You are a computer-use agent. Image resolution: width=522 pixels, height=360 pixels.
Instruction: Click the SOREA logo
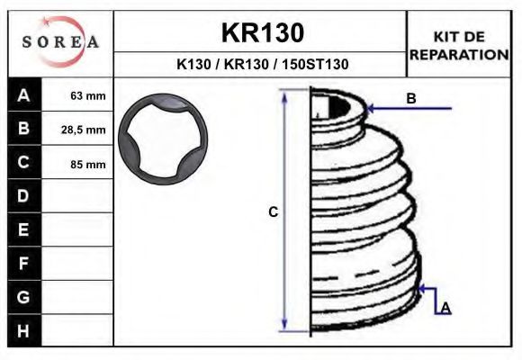pyautogui.click(x=59, y=43)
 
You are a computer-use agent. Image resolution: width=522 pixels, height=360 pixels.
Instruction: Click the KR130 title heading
pyautogui.click(x=262, y=32)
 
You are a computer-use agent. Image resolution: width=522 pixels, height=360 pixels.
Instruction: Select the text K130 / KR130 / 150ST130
pyautogui.click(x=262, y=65)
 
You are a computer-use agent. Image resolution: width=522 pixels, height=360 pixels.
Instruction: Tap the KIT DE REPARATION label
pyautogui.click(x=459, y=44)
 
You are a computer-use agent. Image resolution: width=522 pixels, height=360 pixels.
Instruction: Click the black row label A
pyautogui.click(x=23, y=95)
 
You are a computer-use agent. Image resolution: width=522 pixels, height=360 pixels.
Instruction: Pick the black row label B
pyautogui.click(x=23, y=129)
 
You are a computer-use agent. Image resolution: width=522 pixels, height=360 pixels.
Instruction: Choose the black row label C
pyautogui.click(x=23, y=163)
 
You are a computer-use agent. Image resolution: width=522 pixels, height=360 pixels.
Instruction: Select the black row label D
pyautogui.click(x=23, y=196)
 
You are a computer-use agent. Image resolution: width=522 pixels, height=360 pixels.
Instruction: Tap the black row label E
pyautogui.click(x=23, y=229)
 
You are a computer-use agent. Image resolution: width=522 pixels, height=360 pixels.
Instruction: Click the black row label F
pyautogui.click(x=23, y=264)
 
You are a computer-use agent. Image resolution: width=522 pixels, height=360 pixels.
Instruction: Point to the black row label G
pyautogui.click(x=23, y=297)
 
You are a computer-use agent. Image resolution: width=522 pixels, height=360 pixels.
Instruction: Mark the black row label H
pyautogui.click(x=23, y=330)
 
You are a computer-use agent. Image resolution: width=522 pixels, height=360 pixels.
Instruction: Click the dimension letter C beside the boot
pyautogui.click(x=274, y=212)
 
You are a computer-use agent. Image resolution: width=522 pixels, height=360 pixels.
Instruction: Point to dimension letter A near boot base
pyautogui.click(x=445, y=308)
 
